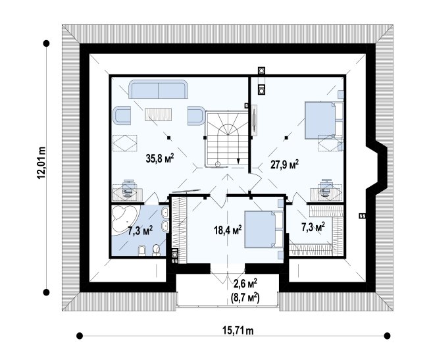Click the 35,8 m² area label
[161, 159]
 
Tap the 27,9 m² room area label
[284, 165]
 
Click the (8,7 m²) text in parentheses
[245, 298]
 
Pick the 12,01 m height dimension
[41, 163]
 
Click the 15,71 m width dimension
[238, 330]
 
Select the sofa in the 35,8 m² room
[159, 89]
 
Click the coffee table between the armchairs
[159, 115]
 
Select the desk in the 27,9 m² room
[326, 194]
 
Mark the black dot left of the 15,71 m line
[80, 336]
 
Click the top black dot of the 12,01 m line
[46, 43]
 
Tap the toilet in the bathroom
[156, 249]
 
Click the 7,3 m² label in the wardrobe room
[312, 227]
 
